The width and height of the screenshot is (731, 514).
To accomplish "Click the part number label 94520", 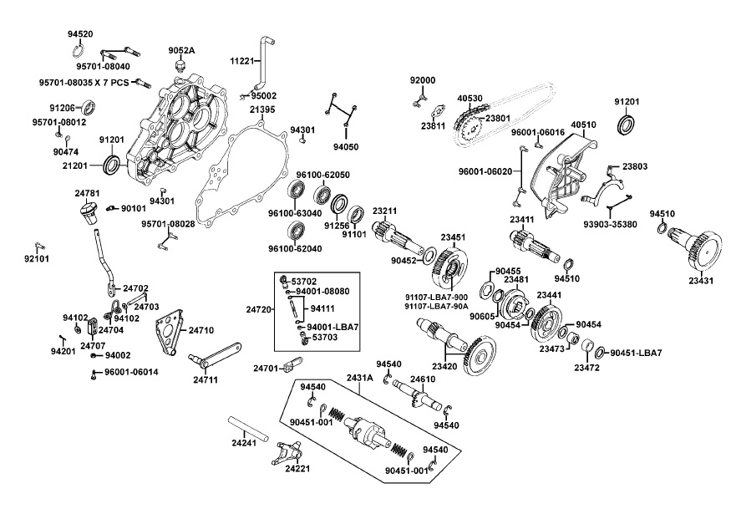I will tap(80, 34).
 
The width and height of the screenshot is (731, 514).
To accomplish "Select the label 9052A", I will tap(181, 51).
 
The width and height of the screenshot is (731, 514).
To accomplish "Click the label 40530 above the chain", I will tap(470, 99).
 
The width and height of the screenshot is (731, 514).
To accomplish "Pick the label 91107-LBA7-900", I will tap(437, 297).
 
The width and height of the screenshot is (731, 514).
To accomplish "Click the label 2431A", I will tap(360, 379).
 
